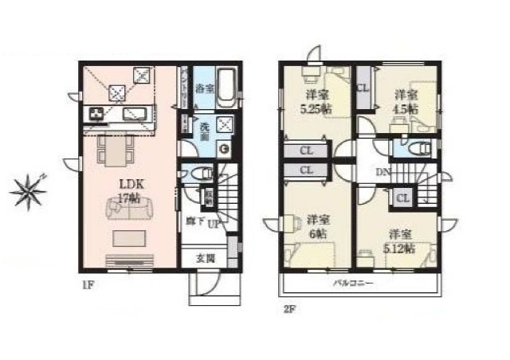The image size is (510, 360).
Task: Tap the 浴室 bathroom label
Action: coord(204,88)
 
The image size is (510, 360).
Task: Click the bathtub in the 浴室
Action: coord(226,88)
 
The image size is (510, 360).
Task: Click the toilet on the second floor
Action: coord(418,148)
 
